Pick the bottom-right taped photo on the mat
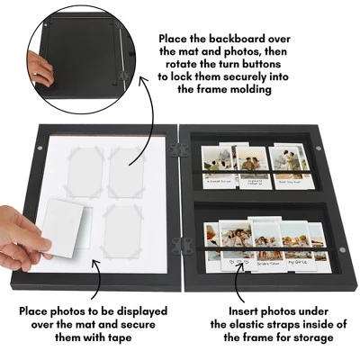click(124, 229)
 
